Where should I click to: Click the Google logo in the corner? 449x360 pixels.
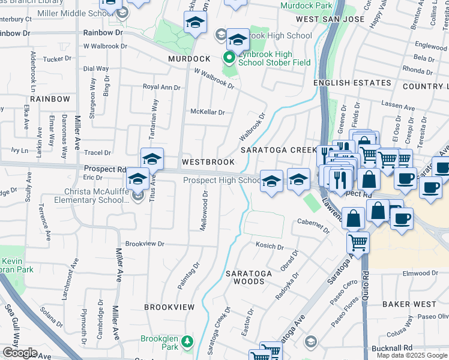point(20,353)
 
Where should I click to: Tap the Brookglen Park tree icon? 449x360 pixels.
point(187,341)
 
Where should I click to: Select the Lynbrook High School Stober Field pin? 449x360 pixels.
point(229,58)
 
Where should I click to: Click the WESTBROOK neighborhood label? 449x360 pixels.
point(208,162)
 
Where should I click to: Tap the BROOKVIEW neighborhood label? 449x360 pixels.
point(169,307)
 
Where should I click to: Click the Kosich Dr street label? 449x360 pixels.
point(270,246)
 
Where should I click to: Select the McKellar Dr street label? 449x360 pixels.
point(207,112)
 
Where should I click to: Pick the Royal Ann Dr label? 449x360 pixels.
point(161,87)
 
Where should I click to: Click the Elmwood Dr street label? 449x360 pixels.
point(421,273)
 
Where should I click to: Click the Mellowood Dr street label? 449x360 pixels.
point(203,210)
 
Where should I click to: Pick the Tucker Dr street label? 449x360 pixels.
point(58,59)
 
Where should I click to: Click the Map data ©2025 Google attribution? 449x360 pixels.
point(412,355)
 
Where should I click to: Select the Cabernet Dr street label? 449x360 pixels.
point(313,226)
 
